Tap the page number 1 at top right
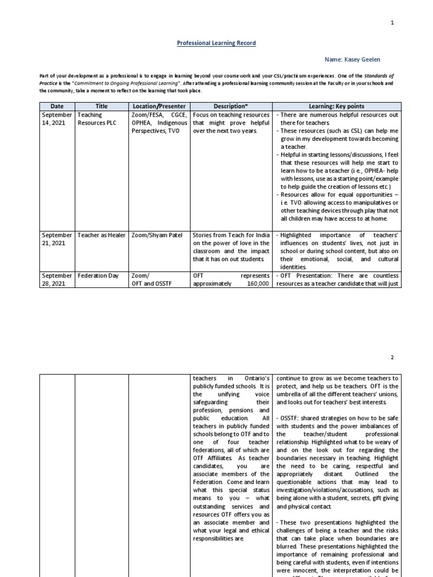coord(392,23)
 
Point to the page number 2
coord(392,357)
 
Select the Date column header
coord(57,106)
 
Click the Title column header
coord(101,106)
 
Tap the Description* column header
coord(231,106)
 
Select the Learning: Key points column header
coord(337,106)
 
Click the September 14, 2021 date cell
coord(57,119)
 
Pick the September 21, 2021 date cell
coord(57,239)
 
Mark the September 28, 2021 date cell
coord(57,279)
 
